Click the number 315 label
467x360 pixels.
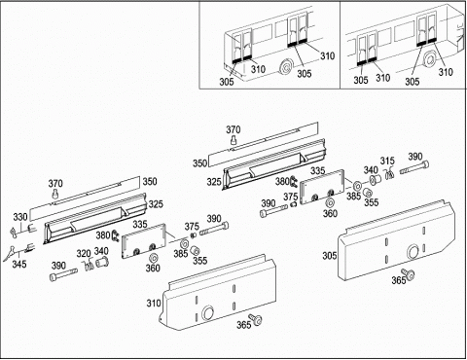click(387, 161)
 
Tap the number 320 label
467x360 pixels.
click(84, 253)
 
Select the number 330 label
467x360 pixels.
click(20, 217)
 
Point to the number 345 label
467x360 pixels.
click(19, 264)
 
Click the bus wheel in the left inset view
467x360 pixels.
click(286, 68)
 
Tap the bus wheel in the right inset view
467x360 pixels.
click(430, 59)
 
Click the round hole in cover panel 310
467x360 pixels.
click(208, 312)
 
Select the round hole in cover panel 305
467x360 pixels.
click(413, 251)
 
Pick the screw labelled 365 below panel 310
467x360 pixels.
click(255, 319)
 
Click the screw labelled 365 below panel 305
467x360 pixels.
click(408, 273)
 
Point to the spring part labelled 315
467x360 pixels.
click(390, 173)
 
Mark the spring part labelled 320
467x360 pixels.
click(88, 264)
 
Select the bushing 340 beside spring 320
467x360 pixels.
click(102, 261)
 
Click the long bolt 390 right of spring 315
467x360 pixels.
click(414, 167)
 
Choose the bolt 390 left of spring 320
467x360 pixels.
click(64, 274)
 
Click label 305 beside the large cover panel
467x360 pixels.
click(329, 256)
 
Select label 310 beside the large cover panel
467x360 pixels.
click(154, 304)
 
